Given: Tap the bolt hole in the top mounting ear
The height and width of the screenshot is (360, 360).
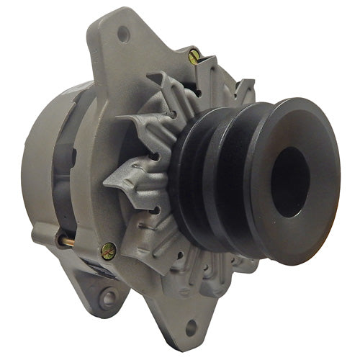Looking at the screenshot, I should click(125, 32).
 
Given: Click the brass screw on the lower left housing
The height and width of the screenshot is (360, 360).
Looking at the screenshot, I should click(109, 251).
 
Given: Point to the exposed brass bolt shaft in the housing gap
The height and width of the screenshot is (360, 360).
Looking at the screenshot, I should click(66, 241).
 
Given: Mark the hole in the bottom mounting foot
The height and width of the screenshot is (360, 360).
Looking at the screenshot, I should click(191, 328).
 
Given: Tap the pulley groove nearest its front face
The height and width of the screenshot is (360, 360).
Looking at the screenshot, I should click(248, 180).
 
